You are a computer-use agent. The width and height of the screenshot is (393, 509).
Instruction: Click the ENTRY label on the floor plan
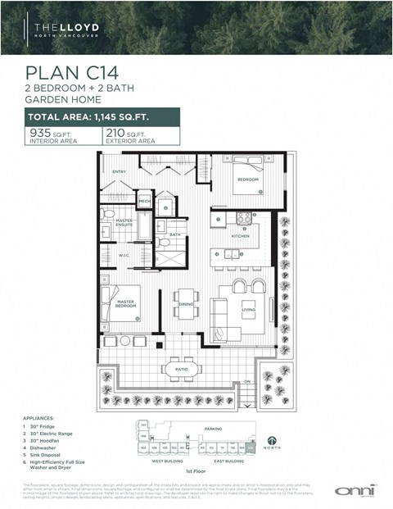(120, 171)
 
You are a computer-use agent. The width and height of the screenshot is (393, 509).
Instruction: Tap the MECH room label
(144, 201)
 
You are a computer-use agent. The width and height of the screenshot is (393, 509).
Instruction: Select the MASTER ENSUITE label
(124, 222)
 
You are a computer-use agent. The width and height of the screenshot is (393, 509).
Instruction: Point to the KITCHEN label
(240, 235)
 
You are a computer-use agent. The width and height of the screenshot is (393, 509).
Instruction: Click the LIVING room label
(248, 310)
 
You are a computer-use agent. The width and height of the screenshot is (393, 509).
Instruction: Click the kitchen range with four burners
(244, 217)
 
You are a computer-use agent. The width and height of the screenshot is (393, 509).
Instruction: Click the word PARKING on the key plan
(213, 428)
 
